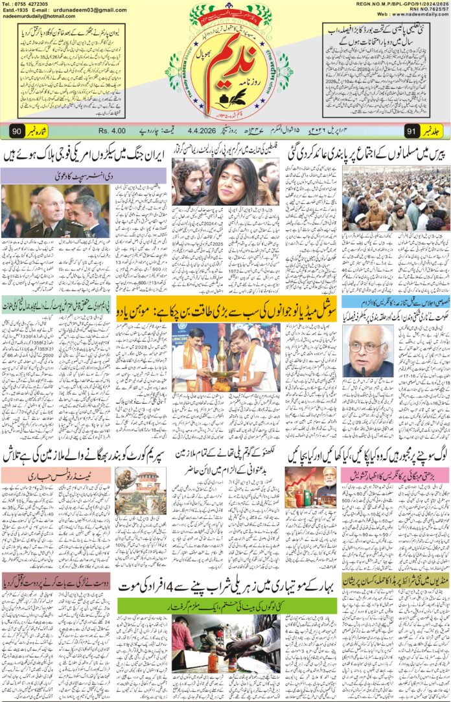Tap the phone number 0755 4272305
pos(37,4)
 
